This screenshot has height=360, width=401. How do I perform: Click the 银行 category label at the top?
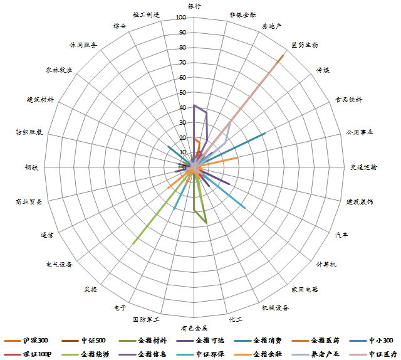pos(194,6)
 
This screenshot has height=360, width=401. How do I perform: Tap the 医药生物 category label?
pos(305,45)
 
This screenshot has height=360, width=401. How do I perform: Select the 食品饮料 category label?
pos(348,99)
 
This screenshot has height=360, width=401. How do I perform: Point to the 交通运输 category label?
pos(364,167)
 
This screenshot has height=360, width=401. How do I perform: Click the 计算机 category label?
pos(326,264)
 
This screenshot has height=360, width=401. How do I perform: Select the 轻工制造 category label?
pos(147,14)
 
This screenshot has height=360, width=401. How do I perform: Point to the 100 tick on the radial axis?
pos(181,18)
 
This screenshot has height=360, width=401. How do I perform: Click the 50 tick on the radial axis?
pos(182,93)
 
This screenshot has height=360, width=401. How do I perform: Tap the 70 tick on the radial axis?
pos(182,63)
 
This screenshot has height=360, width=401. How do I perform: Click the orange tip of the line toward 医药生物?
pos(283,56)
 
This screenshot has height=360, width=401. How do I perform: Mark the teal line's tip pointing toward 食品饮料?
pos(265,133)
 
